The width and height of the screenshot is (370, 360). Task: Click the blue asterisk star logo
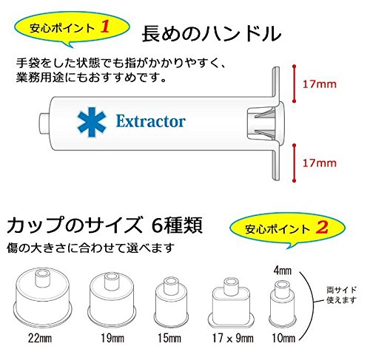coord(92,122)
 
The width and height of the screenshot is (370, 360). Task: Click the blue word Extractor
coord(151,121)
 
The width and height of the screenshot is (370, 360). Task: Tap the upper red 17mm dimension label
coord(320,84)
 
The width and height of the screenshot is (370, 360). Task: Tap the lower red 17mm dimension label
coord(320,163)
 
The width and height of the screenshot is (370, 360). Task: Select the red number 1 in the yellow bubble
coord(105,27)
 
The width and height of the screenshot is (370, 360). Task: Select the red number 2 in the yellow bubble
coord(323,227)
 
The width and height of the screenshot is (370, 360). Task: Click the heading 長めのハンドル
coord(212,33)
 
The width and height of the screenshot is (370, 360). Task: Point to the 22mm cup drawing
coord(42,297)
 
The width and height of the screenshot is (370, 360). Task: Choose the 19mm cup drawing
coord(112,299)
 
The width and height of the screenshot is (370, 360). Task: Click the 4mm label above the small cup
coord(283,271)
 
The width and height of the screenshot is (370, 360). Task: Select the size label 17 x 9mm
coord(233,338)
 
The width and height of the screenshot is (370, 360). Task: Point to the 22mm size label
coord(40,338)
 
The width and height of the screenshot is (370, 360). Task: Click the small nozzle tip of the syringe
coord(45,123)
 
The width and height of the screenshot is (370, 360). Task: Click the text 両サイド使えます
coord(342,295)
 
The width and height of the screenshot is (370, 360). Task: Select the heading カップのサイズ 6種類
coord(105,225)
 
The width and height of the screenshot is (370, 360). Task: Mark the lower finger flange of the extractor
coord(276,164)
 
